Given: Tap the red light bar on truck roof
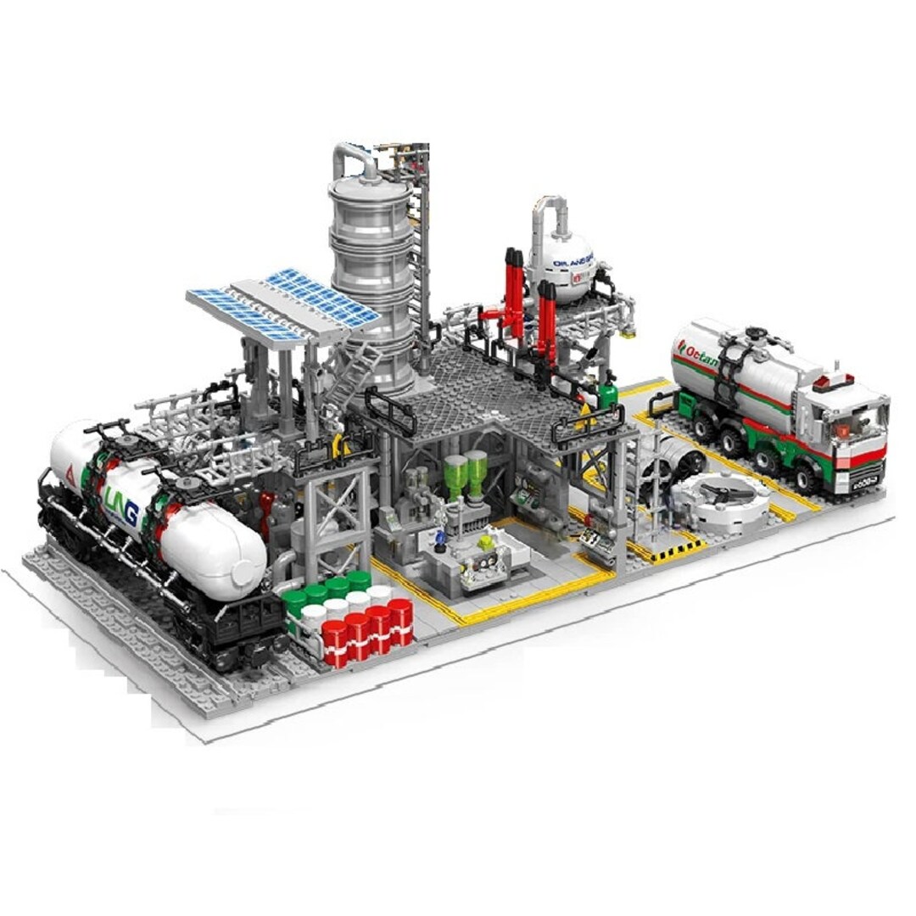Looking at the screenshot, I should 833,380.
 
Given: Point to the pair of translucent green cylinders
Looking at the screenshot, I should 466,472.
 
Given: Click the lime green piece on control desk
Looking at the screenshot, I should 485,540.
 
